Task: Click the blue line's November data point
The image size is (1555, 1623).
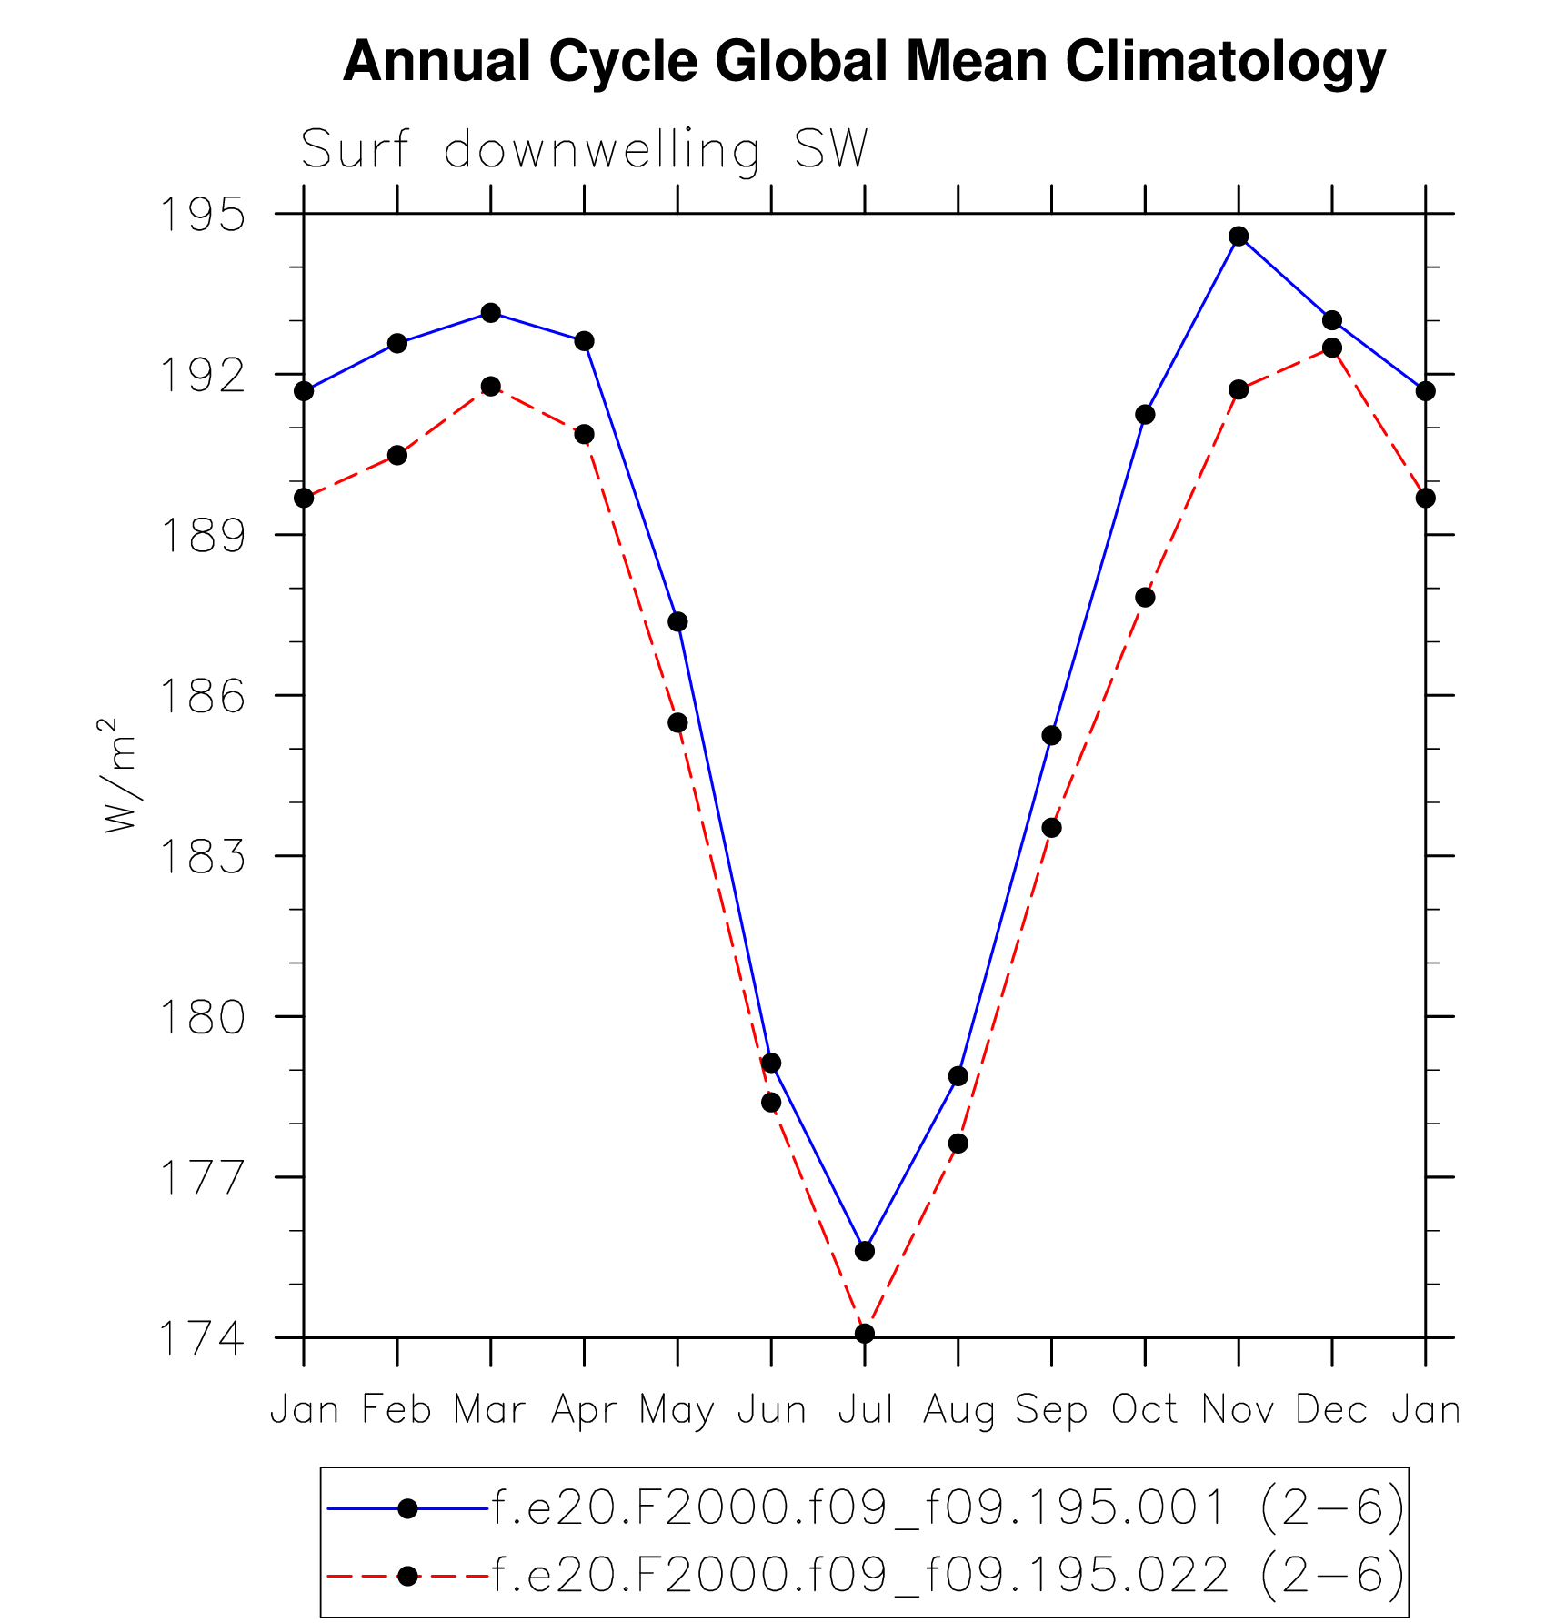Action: [1239, 237]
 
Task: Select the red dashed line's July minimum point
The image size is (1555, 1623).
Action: [865, 1334]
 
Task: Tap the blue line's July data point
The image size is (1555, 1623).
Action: [865, 1252]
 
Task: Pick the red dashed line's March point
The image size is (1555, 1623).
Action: [491, 387]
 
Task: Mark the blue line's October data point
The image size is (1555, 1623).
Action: [1145, 415]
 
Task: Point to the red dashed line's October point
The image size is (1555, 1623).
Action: [1145, 598]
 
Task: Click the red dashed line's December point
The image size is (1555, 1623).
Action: [1332, 348]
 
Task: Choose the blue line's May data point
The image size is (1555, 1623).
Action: [677, 622]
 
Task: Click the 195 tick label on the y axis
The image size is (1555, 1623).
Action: [203, 215]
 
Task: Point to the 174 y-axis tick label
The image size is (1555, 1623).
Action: [203, 1338]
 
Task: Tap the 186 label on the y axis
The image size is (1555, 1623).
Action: [203, 696]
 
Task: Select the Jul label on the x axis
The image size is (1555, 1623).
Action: [865, 1410]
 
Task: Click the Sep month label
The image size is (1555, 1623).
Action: [1051, 1410]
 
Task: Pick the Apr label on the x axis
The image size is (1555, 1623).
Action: [584, 1410]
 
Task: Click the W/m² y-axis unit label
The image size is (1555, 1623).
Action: [119, 775]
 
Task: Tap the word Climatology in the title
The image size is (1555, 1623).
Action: [1225, 62]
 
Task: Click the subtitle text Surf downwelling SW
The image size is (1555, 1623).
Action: [585, 149]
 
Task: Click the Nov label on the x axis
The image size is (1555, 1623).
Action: [1239, 1410]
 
